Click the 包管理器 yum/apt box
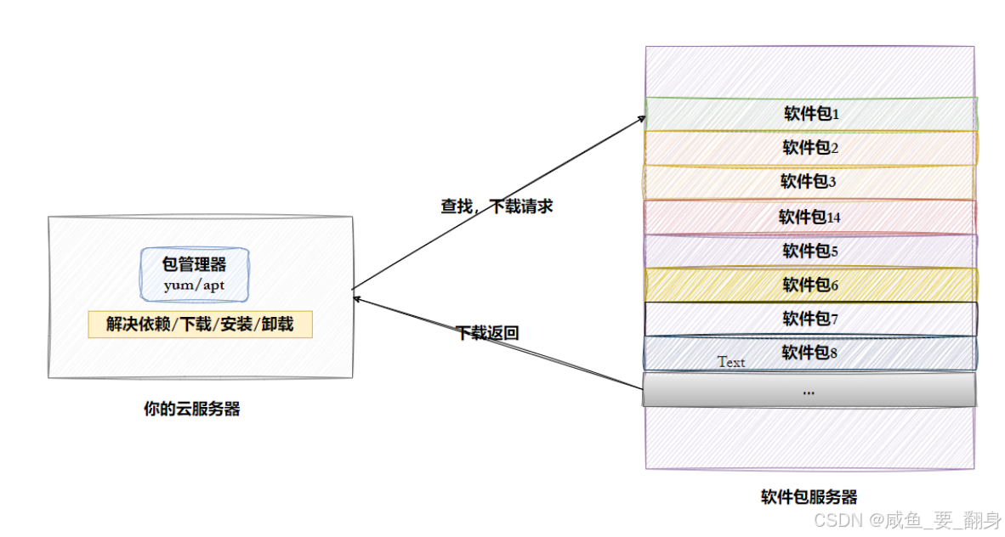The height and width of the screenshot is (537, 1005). (x=195, y=274)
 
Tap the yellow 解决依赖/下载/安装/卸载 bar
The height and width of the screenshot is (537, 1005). (x=200, y=325)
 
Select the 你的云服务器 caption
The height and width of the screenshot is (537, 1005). (x=191, y=410)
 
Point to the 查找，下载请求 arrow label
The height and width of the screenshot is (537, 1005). (x=497, y=206)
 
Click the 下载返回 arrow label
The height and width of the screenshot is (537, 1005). (x=487, y=334)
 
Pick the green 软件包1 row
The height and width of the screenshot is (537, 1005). (x=810, y=114)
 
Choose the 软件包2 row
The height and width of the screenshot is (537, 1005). (x=810, y=148)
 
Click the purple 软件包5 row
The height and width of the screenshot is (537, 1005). (x=810, y=251)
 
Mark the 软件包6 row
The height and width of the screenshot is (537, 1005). (x=810, y=285)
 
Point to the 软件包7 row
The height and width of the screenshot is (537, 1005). (x=810, y=319)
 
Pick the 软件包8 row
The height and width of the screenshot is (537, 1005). (x=810, y=352)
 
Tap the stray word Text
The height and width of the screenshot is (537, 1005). (x=731, y=362)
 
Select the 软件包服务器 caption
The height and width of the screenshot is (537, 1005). (x=809, y=498)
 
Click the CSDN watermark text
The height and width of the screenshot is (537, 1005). (x=906, y=519)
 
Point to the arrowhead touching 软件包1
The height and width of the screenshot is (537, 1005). (x=642, y=118)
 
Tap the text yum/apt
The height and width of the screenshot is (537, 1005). (x=195, y=285)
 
